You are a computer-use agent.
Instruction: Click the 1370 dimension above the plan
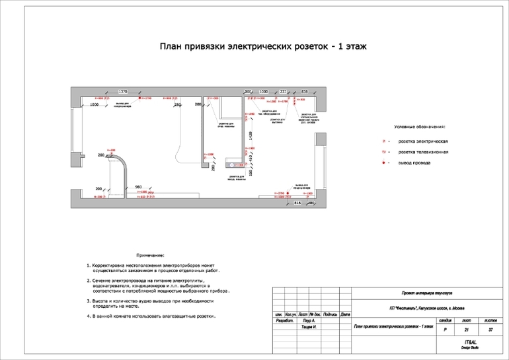point(122,90)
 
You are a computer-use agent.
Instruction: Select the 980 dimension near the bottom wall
point(139,187)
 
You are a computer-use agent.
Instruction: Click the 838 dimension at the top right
point(305,90)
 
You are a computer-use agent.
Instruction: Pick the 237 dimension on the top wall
point(283,90)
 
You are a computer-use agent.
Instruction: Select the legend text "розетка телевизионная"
point(423,152)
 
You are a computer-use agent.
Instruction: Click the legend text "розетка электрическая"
point(423,141)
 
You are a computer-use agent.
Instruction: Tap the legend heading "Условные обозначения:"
point(420,126)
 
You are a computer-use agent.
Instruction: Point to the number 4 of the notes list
point(88,316)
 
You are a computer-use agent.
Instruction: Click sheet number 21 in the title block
point(467,329)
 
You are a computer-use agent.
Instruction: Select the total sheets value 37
point(490,329)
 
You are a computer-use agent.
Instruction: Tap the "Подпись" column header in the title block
point(332,314)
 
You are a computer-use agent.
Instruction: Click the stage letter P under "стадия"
point(445,329)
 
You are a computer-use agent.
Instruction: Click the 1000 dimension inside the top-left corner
point(95,104)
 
